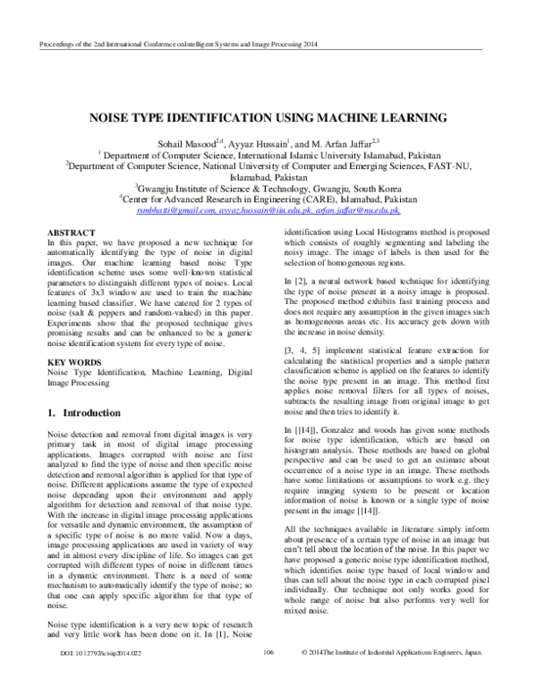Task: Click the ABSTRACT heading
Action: pos(70,230)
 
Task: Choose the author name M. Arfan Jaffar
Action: pos(334,142)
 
